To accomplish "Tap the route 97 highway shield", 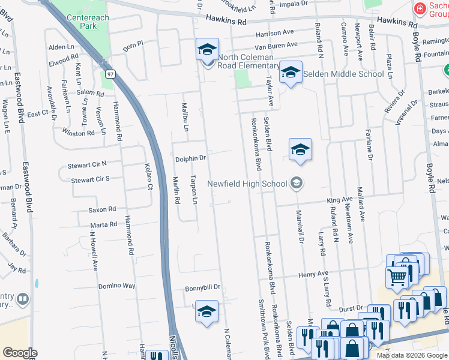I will coord(110,74).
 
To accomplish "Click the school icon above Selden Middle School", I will coord(291,73).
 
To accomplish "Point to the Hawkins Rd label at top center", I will coord(226,22).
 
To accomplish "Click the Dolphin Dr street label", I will coord(190,158).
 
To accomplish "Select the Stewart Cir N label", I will coord(88,163).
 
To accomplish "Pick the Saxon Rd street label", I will coord(102,209).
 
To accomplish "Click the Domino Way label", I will coord(116,286).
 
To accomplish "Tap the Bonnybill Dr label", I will coord(202,287).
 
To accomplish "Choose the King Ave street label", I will coord(340,199).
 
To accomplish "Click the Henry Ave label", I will coord(315,274).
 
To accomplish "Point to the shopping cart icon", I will coord(397,277).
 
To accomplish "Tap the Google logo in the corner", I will coord(20,352).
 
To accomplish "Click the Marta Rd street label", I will coord(104,224).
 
